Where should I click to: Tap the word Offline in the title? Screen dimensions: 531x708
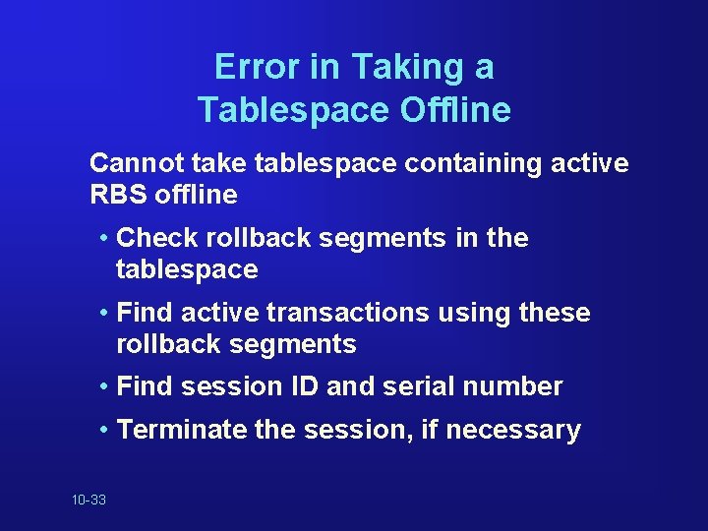pos(455,109)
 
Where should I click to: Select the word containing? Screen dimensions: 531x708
pos(453,163)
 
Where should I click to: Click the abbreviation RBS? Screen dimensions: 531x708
pos(117,195)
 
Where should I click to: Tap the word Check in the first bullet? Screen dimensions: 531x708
pos(156,238)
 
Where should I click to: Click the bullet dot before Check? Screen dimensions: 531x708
pos(104,239)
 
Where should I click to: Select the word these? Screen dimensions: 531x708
pos(553,313)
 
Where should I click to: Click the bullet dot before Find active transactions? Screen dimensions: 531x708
pos(104,314)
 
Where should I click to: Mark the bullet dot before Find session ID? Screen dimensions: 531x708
pos(104,387)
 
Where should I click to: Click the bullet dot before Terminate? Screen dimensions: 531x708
pos(104,431)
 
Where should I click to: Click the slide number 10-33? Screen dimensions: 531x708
pos(88,501)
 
